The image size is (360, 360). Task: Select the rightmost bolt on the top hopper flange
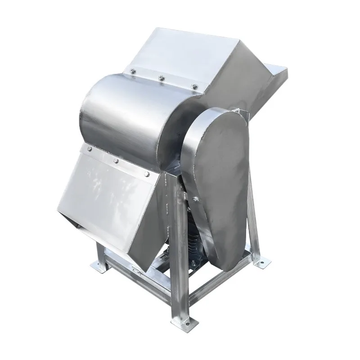[194, 85]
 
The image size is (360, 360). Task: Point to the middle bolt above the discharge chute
[116, 160]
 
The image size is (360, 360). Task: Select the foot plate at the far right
[260, 261]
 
